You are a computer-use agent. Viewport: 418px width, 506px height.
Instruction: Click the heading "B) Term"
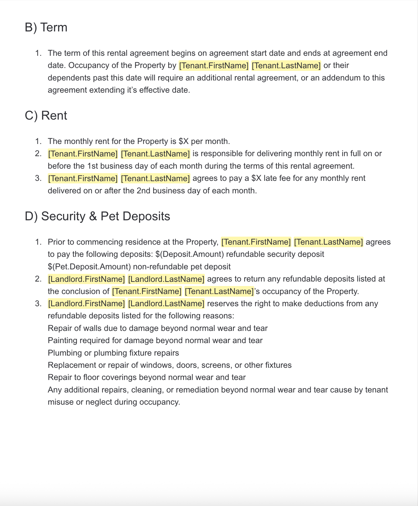pyautogui.click(x=46, y=28)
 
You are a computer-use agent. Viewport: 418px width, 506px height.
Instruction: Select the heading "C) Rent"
pyautogui.click(x=46, y=116)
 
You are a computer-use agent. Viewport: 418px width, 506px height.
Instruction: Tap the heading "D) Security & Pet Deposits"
pyautogui.click(x=97, y=216)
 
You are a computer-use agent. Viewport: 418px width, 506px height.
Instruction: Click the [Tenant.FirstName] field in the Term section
pyautogui.click(x=214, y=66)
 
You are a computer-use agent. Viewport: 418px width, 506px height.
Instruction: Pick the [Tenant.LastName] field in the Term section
pyautogui.click(x=286, y=66)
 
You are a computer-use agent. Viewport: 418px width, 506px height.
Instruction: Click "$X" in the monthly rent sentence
pyautogui.click(x=184, y=141)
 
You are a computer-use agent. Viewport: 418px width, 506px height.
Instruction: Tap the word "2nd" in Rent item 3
pyautogui.click(x=143, y=191)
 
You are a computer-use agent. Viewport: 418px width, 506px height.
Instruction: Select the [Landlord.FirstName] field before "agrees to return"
pyautogui.click(x=87, y=279)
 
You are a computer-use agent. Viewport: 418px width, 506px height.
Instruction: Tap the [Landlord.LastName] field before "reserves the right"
pyautogui.click(x=166, y=304)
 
